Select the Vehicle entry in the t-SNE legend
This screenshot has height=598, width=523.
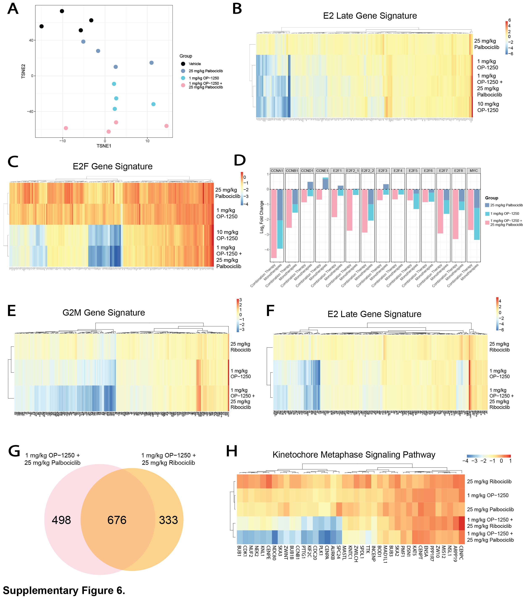[195, 64]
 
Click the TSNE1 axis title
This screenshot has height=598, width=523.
[104, 146]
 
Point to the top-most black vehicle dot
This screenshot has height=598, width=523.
[62, 11]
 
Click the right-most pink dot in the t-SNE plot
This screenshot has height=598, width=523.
[166, 126]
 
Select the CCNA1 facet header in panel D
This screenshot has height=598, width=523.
[277, 171]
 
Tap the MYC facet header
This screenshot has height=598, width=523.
[473, 171]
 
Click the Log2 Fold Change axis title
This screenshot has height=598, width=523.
[262, 217]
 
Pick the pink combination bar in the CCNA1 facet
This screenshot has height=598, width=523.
[274, 223]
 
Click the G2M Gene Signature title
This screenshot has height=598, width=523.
[104, 313]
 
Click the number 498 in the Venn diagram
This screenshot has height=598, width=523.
[61, 520]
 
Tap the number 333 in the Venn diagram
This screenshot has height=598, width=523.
[168, 520]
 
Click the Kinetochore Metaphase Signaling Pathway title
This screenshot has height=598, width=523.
[354, 455]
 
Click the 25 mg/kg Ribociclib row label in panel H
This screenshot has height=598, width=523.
[489, 482]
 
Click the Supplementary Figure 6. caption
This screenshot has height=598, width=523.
[64, 590]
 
